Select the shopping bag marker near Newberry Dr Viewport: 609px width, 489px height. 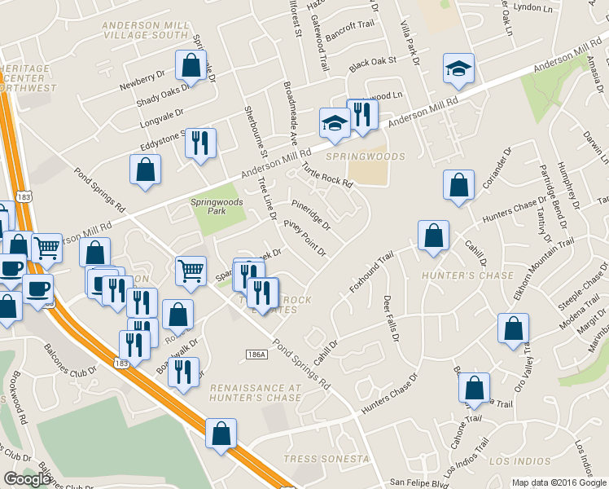point(189,66)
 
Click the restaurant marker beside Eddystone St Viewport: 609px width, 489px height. point(199,143)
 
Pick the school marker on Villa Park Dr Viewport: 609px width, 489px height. point(458,69)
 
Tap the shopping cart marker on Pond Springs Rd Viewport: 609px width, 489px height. point(191,270)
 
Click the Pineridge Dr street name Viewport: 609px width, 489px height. point(310,213)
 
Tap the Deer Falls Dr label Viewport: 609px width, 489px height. point(391,319)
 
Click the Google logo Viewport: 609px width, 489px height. point(27,479)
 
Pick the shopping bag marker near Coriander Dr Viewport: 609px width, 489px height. point(458,185)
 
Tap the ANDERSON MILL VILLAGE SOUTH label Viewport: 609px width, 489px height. point(146,30)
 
